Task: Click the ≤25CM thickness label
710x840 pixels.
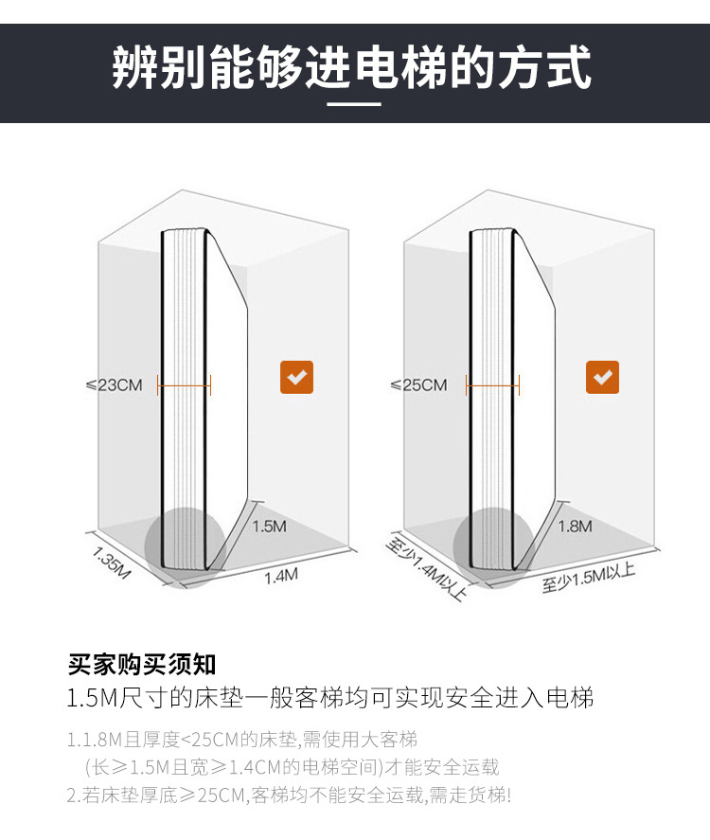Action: pyautogui.click(x=418, y=384)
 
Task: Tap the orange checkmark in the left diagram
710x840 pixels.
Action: pyautogui.click(x=296, y=377)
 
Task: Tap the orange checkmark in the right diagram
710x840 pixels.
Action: pyautogui.click(x=602, y=377)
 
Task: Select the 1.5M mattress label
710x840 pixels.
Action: pyautogui.click(x=269, y=526)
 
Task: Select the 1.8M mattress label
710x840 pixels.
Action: pyautogui.click(x=575, y=526)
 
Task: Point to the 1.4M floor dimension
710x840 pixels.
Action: pyautogui.click(x=280, y=576)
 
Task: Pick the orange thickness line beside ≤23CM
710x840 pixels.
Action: pyautogui.click(x=185, y=384)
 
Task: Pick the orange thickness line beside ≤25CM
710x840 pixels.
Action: pyautogui.click(x=493, y=384)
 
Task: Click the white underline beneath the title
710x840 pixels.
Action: pyautogui.click(x=354, y=104)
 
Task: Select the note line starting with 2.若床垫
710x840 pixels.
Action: pyautogui.click(x=289, y=795)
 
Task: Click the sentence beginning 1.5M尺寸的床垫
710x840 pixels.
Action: pyautogui.click(x=330, y=699)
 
